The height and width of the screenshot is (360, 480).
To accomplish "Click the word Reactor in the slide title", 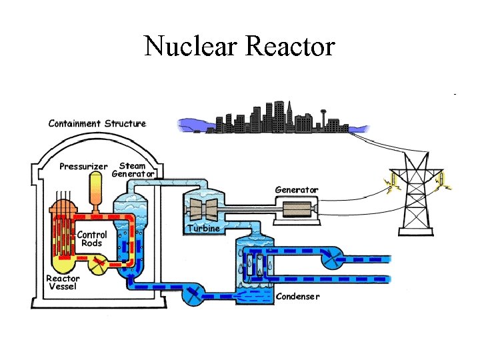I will pos(290,46).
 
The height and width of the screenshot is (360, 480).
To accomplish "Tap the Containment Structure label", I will pos(97,123).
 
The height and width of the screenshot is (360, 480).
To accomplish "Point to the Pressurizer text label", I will pos(83,166).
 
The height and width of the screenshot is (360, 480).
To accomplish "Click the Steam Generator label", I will pos(133,170).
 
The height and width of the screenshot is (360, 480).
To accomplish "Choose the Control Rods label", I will pos(91,239).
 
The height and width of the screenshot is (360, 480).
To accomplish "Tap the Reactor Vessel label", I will pos(63,283).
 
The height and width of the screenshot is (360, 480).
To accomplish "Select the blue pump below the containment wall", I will pos(193,294).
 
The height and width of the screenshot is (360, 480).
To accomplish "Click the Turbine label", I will pos(203,228).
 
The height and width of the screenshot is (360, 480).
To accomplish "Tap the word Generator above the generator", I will pos(297,190).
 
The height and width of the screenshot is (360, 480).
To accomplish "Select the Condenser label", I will pos(297,296).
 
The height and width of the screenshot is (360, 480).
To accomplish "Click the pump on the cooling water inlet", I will pos(331,258).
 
